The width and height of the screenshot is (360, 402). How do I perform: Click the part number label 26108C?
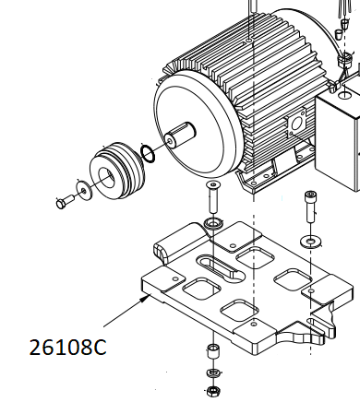pos(67,348)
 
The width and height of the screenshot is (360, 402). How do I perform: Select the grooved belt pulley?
pos(117,171)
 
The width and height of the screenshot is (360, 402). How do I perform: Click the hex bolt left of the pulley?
pos(65,202)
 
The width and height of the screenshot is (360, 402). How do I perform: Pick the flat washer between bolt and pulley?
pos(84,190)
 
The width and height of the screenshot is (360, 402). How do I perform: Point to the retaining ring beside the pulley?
pos(148,154)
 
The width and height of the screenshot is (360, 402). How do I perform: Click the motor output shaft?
pos(180,135)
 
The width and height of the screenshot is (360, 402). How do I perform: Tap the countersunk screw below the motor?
pos(213,197)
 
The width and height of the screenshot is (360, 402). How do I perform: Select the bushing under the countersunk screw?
pos(213,223)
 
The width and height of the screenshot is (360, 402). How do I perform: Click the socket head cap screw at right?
pos(310,207)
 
